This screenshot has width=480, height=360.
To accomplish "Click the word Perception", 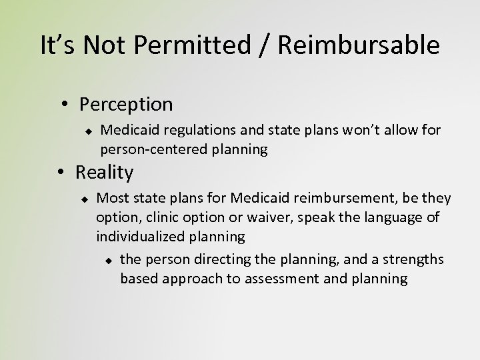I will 125,105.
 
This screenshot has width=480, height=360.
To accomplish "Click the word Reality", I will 104,173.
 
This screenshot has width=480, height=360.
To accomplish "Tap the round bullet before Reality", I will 61,173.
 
